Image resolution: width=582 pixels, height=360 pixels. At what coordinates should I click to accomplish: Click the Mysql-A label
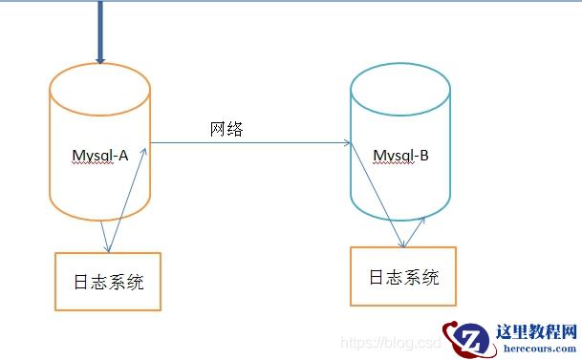pyautogui.click(x=99, y=156)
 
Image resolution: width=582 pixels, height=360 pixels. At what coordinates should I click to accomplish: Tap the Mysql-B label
pyautogui.click(x=399, y=156)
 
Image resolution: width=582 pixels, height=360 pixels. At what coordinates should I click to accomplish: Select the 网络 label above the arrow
pyautogui.click(x=226, y=129)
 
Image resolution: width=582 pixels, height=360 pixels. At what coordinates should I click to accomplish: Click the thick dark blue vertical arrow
pyautogui.click(x=99, y=29)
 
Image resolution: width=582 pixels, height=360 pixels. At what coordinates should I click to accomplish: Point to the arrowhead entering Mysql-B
pyautogui.click(x=347, y=143)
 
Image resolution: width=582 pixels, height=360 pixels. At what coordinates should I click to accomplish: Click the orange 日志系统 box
pyautogui.click(x=108, y=282)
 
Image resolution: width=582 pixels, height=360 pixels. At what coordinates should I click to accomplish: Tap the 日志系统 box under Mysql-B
pyautogui.click(x=402, y=276)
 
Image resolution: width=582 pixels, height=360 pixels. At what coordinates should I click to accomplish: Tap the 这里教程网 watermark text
pyautogui.click(x=538, y=331)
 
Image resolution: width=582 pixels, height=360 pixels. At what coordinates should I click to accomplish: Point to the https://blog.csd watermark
pyautogui.click(x=392, y=341)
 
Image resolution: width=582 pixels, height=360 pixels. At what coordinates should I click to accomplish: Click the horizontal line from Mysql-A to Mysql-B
pyautogui.click(x=248, y=143)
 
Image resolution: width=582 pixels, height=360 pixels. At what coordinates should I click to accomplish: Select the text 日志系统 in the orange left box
pyautogui.click(x=108, y=283)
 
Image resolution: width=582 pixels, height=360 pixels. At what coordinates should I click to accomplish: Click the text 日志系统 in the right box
pyautogui.click(x=403, y=277)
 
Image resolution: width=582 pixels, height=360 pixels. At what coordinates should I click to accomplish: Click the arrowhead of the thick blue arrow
pyautogui.click(x=99, y=59)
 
